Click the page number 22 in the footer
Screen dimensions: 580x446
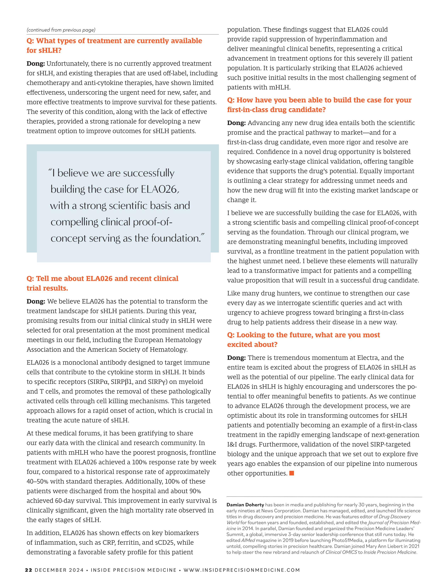click(x=28, y=570)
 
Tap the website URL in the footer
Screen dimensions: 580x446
click(x=242, y=570)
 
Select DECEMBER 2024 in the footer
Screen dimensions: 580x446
click(x=59, y=570)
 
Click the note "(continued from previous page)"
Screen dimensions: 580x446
click(x=61, y=30)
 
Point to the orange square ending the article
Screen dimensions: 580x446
click(x=292, y=473)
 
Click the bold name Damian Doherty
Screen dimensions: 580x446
click(x=245, y=505)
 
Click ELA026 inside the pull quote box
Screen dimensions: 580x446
click(x=159, y=189)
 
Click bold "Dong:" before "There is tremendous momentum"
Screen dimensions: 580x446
click(x=236, y=358)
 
